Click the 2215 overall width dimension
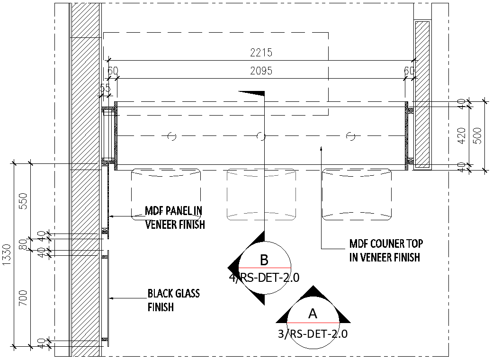pyautogui.click(x=261, y=53)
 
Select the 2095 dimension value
pyautogui.click(x=261, y=71)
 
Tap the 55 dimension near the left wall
pyautogui.click(x=105, y=88)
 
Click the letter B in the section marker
pyautogui.click(x=264, y=260)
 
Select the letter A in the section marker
pyautogui.click(x=313, y=314)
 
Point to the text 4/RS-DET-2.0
pyautogui.click(x=264, y=278)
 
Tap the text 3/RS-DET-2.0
pyautogui.click(x=313, y=334)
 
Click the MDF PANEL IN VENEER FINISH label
pyautogui.click(x=175, y=217)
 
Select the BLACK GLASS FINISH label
pyautogui.click(x=173, y=300)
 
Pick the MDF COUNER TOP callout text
pyautogui.click(x=386, y=251)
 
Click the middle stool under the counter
pyautogui.click(x=262, y=194)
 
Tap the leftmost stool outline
pyautogui.click(x=166, y=194)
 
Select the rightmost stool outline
pyautogui.click(x=357, y=194)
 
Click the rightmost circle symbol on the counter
pyautogui.click(x=350, y=136)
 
